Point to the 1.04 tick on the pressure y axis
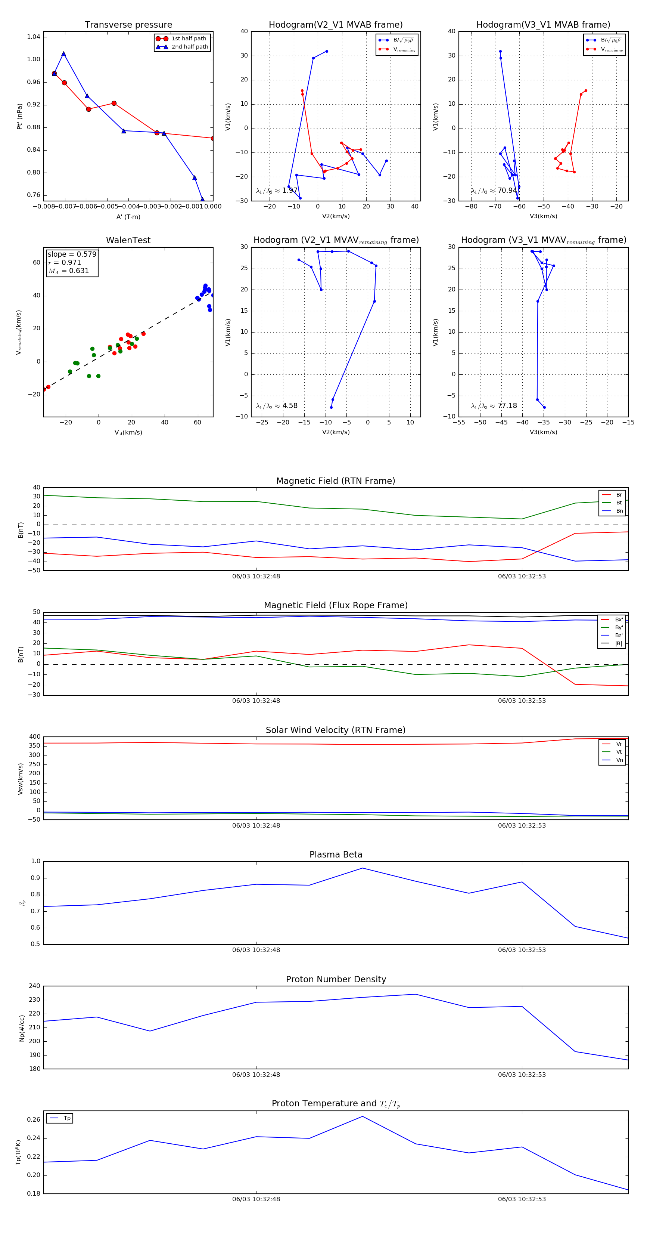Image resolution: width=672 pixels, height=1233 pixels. click(x=34, y=37)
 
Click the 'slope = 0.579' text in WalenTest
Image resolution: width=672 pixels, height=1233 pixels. click(x=72, y=254)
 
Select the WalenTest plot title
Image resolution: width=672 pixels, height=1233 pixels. click(x=128, y=240)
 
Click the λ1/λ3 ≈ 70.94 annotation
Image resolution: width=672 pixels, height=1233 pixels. click(x=494, y=191)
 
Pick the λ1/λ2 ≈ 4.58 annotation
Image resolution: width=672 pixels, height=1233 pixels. click(x=276, y=406)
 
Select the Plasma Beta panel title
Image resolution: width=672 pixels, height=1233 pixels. click(x=336, y=855)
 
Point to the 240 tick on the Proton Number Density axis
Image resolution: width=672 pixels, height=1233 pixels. click(x=34, y=986)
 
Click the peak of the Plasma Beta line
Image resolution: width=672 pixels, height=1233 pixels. click(x=363, y=868)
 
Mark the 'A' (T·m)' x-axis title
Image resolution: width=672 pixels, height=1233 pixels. click(x=128, y=217)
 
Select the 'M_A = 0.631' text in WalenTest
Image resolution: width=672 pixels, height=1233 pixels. click(x=68, y=271)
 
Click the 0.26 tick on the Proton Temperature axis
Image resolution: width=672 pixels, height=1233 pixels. click(x=34, y=1119)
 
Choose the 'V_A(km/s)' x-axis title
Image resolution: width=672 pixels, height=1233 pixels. click(x=128, y=432)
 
